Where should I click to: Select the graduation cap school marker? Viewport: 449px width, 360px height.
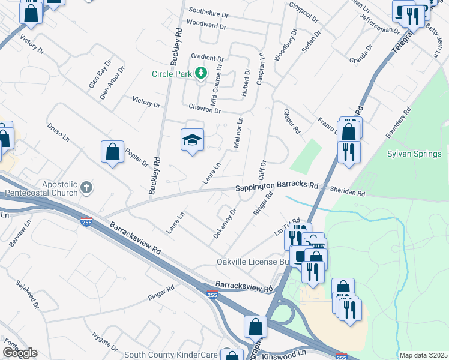coord(192,141)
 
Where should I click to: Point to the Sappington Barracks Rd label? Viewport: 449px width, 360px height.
coord(276,187)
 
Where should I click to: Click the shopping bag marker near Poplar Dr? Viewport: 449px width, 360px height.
coord(112,152)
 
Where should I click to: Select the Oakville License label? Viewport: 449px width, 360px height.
coord(253,262)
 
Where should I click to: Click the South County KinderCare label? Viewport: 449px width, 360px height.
coord(175,355)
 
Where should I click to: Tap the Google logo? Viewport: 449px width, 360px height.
coord(19,353)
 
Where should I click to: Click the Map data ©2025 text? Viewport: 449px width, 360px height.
coord(423,355)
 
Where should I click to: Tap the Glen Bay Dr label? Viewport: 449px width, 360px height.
coord(100,74)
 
